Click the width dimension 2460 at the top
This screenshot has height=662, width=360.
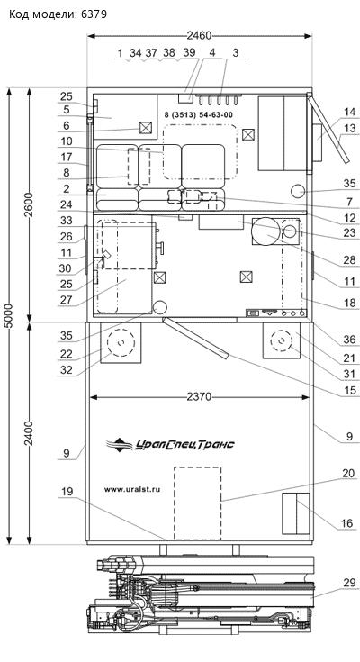point(199,36)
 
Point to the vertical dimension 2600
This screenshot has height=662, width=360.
point(29,204)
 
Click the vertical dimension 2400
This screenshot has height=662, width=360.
point(29,433)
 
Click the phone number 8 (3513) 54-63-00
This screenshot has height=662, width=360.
point(198,114)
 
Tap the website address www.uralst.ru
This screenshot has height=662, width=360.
point(132,490)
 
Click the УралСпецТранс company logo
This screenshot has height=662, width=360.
point(170,444)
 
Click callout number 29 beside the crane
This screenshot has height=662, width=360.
point(348,583)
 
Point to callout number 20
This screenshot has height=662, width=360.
point(348,474)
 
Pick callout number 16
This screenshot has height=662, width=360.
point(346,524)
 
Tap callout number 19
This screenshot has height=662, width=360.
point(67,491)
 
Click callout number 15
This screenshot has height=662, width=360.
point(350,391)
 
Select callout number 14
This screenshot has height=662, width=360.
point(349,112)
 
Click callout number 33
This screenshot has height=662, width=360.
point(66,220)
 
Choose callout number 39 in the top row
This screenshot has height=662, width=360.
point(190,53)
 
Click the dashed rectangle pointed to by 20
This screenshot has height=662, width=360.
point(198,503)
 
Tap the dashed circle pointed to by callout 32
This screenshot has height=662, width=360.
point(121,329)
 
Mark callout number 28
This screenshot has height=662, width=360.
point(349,260)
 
